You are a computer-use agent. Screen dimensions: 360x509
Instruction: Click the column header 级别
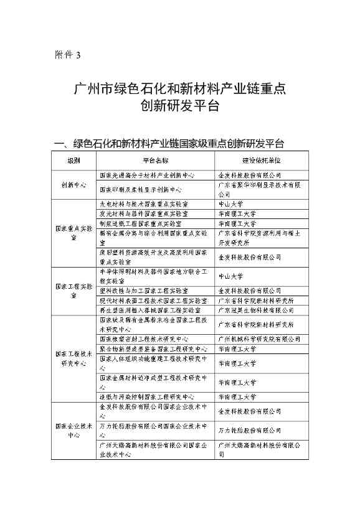click(73, 161)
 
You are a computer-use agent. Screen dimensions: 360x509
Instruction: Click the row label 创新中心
click(73, 185)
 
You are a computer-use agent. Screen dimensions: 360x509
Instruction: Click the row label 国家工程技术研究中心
click(73, 358)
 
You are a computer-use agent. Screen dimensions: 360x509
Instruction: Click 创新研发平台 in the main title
click(180, 105)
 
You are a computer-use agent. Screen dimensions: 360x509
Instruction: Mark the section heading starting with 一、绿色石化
click(169, 144)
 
